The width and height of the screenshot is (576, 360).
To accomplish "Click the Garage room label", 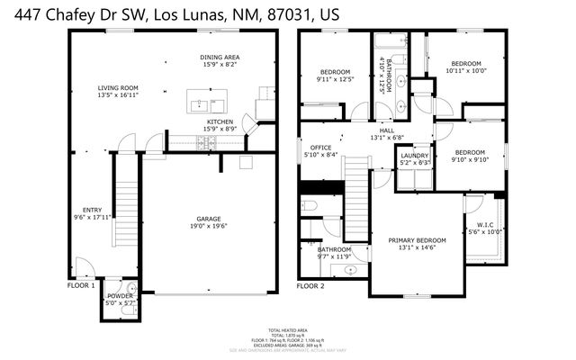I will coord(209,219).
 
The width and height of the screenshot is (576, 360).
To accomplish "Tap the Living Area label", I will coord(118,87).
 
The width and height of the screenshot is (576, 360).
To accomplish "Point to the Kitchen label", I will coord(220,121).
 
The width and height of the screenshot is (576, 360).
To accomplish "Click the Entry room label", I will coord(93,210).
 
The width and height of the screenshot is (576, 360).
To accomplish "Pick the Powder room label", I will coord(120,296).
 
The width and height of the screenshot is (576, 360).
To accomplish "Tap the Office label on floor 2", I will coord(321,148).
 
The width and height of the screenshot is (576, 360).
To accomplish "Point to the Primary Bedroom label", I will coord(417,240).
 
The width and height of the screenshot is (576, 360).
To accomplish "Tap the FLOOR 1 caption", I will coord(81,285).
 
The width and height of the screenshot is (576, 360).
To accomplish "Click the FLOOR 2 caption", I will coord(310,285).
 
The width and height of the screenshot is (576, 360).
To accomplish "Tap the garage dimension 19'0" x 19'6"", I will coord(209,226).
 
